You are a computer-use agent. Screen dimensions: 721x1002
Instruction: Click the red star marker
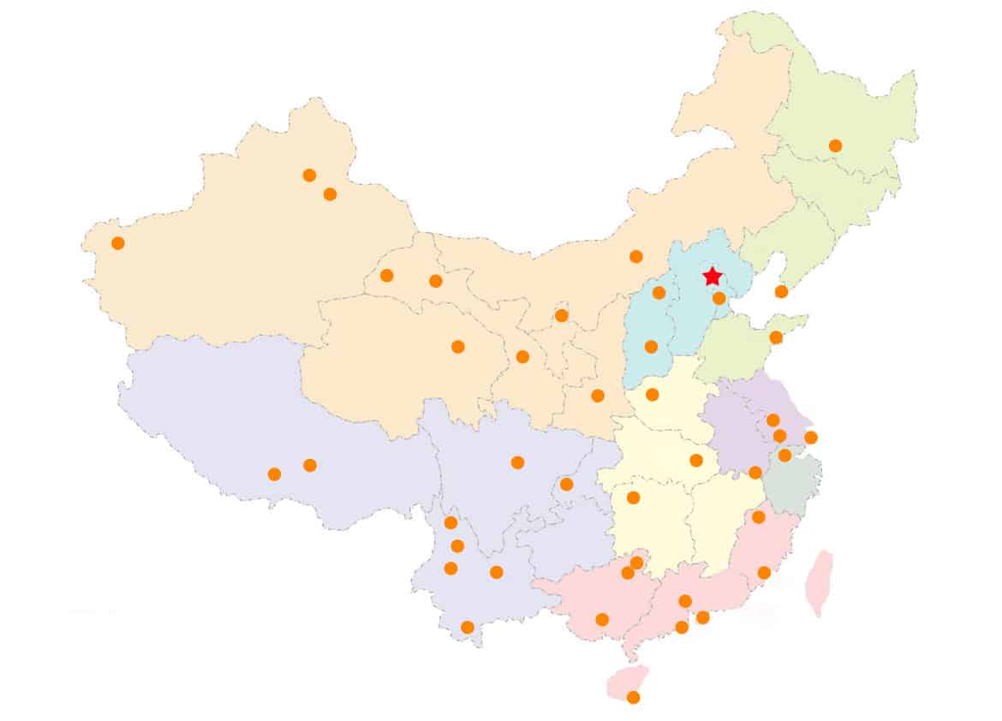[712, 277]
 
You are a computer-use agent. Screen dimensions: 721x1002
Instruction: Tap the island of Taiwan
[820, 582]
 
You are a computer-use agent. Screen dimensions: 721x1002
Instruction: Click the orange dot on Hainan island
[633, 697]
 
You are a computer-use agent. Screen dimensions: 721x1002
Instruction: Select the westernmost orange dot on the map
[118, 243]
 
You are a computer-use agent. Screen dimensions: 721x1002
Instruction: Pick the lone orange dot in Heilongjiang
[835, 146]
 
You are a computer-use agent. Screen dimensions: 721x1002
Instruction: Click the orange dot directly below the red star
[719, 298]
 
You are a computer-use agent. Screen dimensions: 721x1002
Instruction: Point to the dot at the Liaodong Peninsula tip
[781, 291]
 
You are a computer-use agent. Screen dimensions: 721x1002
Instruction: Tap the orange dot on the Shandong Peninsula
[776, 337]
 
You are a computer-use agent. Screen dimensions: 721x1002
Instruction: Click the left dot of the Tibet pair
[274, 474]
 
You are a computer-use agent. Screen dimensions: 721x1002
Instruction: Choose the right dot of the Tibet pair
[310, 465]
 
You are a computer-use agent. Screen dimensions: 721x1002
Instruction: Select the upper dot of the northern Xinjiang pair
[309, 175]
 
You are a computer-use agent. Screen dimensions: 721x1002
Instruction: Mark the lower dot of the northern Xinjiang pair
[330, 194]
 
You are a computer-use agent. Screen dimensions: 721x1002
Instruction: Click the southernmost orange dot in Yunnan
[467, 627]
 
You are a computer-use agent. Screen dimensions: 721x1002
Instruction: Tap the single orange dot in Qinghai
[458, 346]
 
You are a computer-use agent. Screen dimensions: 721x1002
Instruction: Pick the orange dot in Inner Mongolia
[635, 256]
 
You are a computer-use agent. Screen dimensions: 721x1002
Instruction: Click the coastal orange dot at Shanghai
[811, 438]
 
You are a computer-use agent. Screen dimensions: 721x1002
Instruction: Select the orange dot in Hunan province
[634, 498]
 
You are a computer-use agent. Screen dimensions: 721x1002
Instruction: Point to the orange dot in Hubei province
[696, 460]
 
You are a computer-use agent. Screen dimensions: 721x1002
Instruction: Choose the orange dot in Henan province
[652, 394]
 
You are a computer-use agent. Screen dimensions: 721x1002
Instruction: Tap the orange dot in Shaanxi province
[598, 395]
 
